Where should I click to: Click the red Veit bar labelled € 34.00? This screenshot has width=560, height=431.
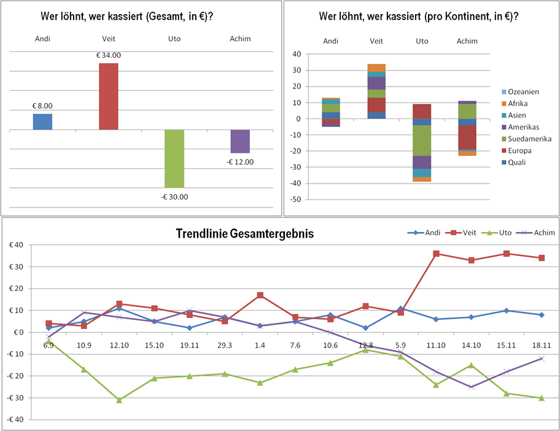[x=109, y=96]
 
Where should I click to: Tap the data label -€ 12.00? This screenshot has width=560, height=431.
[x=240, y=162]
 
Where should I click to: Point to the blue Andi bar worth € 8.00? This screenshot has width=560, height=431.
[x=42, y=122]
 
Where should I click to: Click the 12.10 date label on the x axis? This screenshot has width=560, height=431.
[x=119, y=345]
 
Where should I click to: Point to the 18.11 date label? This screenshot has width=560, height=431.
[x=541, y=345]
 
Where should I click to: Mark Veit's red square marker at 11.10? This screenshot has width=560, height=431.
[x=436, y=254]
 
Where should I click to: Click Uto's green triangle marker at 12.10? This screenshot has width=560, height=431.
[x=119, y=400]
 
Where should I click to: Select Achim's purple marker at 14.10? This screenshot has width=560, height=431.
[x=471, y=387]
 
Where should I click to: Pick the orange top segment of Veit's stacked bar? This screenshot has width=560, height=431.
[x=376, y=68]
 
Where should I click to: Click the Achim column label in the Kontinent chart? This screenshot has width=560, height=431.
[x=467, y=41]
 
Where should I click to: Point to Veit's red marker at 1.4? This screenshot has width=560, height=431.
[x=260, y=295]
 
